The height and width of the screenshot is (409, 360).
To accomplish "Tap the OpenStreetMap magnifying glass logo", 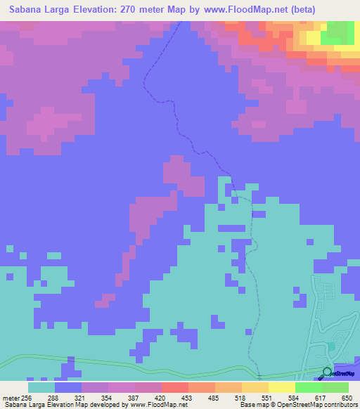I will [x=328, y=372].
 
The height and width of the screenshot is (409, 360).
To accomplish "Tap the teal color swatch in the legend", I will [x=41, y=387].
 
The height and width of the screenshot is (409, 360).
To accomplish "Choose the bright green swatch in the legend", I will [x=308, y=387].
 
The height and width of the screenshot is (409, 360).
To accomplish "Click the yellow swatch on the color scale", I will [x=281, y=387].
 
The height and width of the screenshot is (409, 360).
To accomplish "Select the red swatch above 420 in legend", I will [x=174, y=387].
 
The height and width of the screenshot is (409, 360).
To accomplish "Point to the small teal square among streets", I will [x=330, y=346].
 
